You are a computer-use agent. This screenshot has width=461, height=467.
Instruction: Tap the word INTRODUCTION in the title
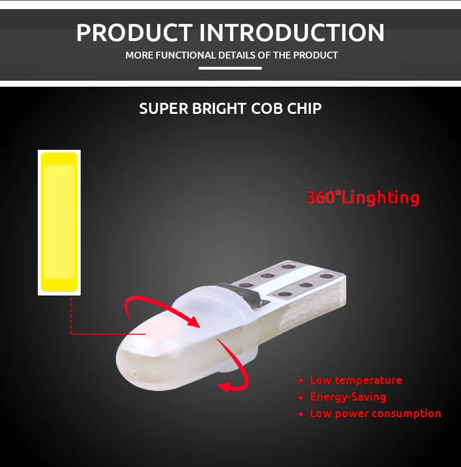point(293,32)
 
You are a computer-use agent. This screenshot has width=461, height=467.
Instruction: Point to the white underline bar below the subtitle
point(230,68)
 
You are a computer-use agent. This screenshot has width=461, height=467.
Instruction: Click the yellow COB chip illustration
point(58,223)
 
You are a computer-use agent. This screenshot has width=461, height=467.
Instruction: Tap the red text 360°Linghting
point(362,197)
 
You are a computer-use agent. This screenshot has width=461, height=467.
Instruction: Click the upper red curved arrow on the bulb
point(161,309)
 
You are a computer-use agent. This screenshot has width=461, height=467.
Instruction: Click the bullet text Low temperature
point(355,380)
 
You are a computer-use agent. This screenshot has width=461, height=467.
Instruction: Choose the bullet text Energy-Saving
point(348,397)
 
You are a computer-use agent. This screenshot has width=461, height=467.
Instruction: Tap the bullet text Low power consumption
point(375,414)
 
